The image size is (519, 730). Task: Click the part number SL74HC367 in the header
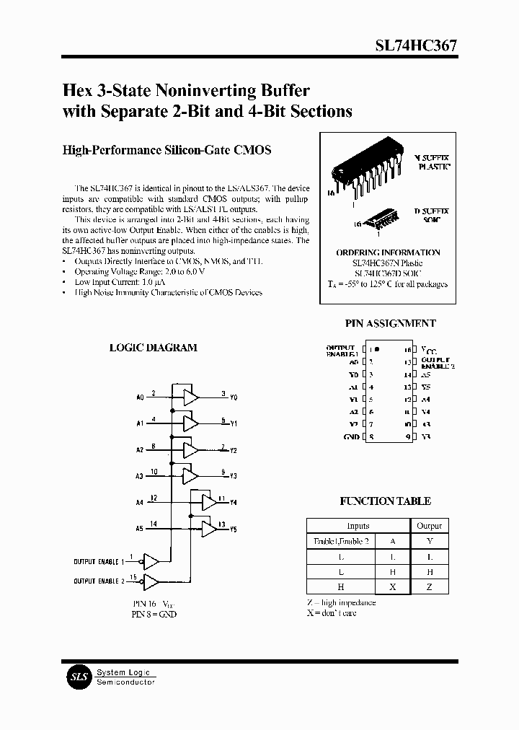pos(415,45)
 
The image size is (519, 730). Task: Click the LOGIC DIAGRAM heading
pos(153,348)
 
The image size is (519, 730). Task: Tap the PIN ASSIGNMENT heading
pos(391,324)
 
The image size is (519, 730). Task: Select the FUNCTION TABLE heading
pos(385,501)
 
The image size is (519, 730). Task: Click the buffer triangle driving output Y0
pos(190,397)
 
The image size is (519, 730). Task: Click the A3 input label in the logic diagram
pos(140,476)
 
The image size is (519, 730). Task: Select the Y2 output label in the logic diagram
pos(234,450)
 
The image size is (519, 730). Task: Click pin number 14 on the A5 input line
pos(154,524)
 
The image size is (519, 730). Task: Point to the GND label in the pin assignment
pos(352,437)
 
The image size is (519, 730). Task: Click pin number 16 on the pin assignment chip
pos(407,350)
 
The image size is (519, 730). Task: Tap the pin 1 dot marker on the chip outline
pos(380,349)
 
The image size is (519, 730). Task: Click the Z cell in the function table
pos(429,587)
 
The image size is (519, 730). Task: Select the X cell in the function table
pos(392,587)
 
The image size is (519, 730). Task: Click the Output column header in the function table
pos(429,526)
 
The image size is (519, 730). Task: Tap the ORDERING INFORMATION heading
pos(388,252)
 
